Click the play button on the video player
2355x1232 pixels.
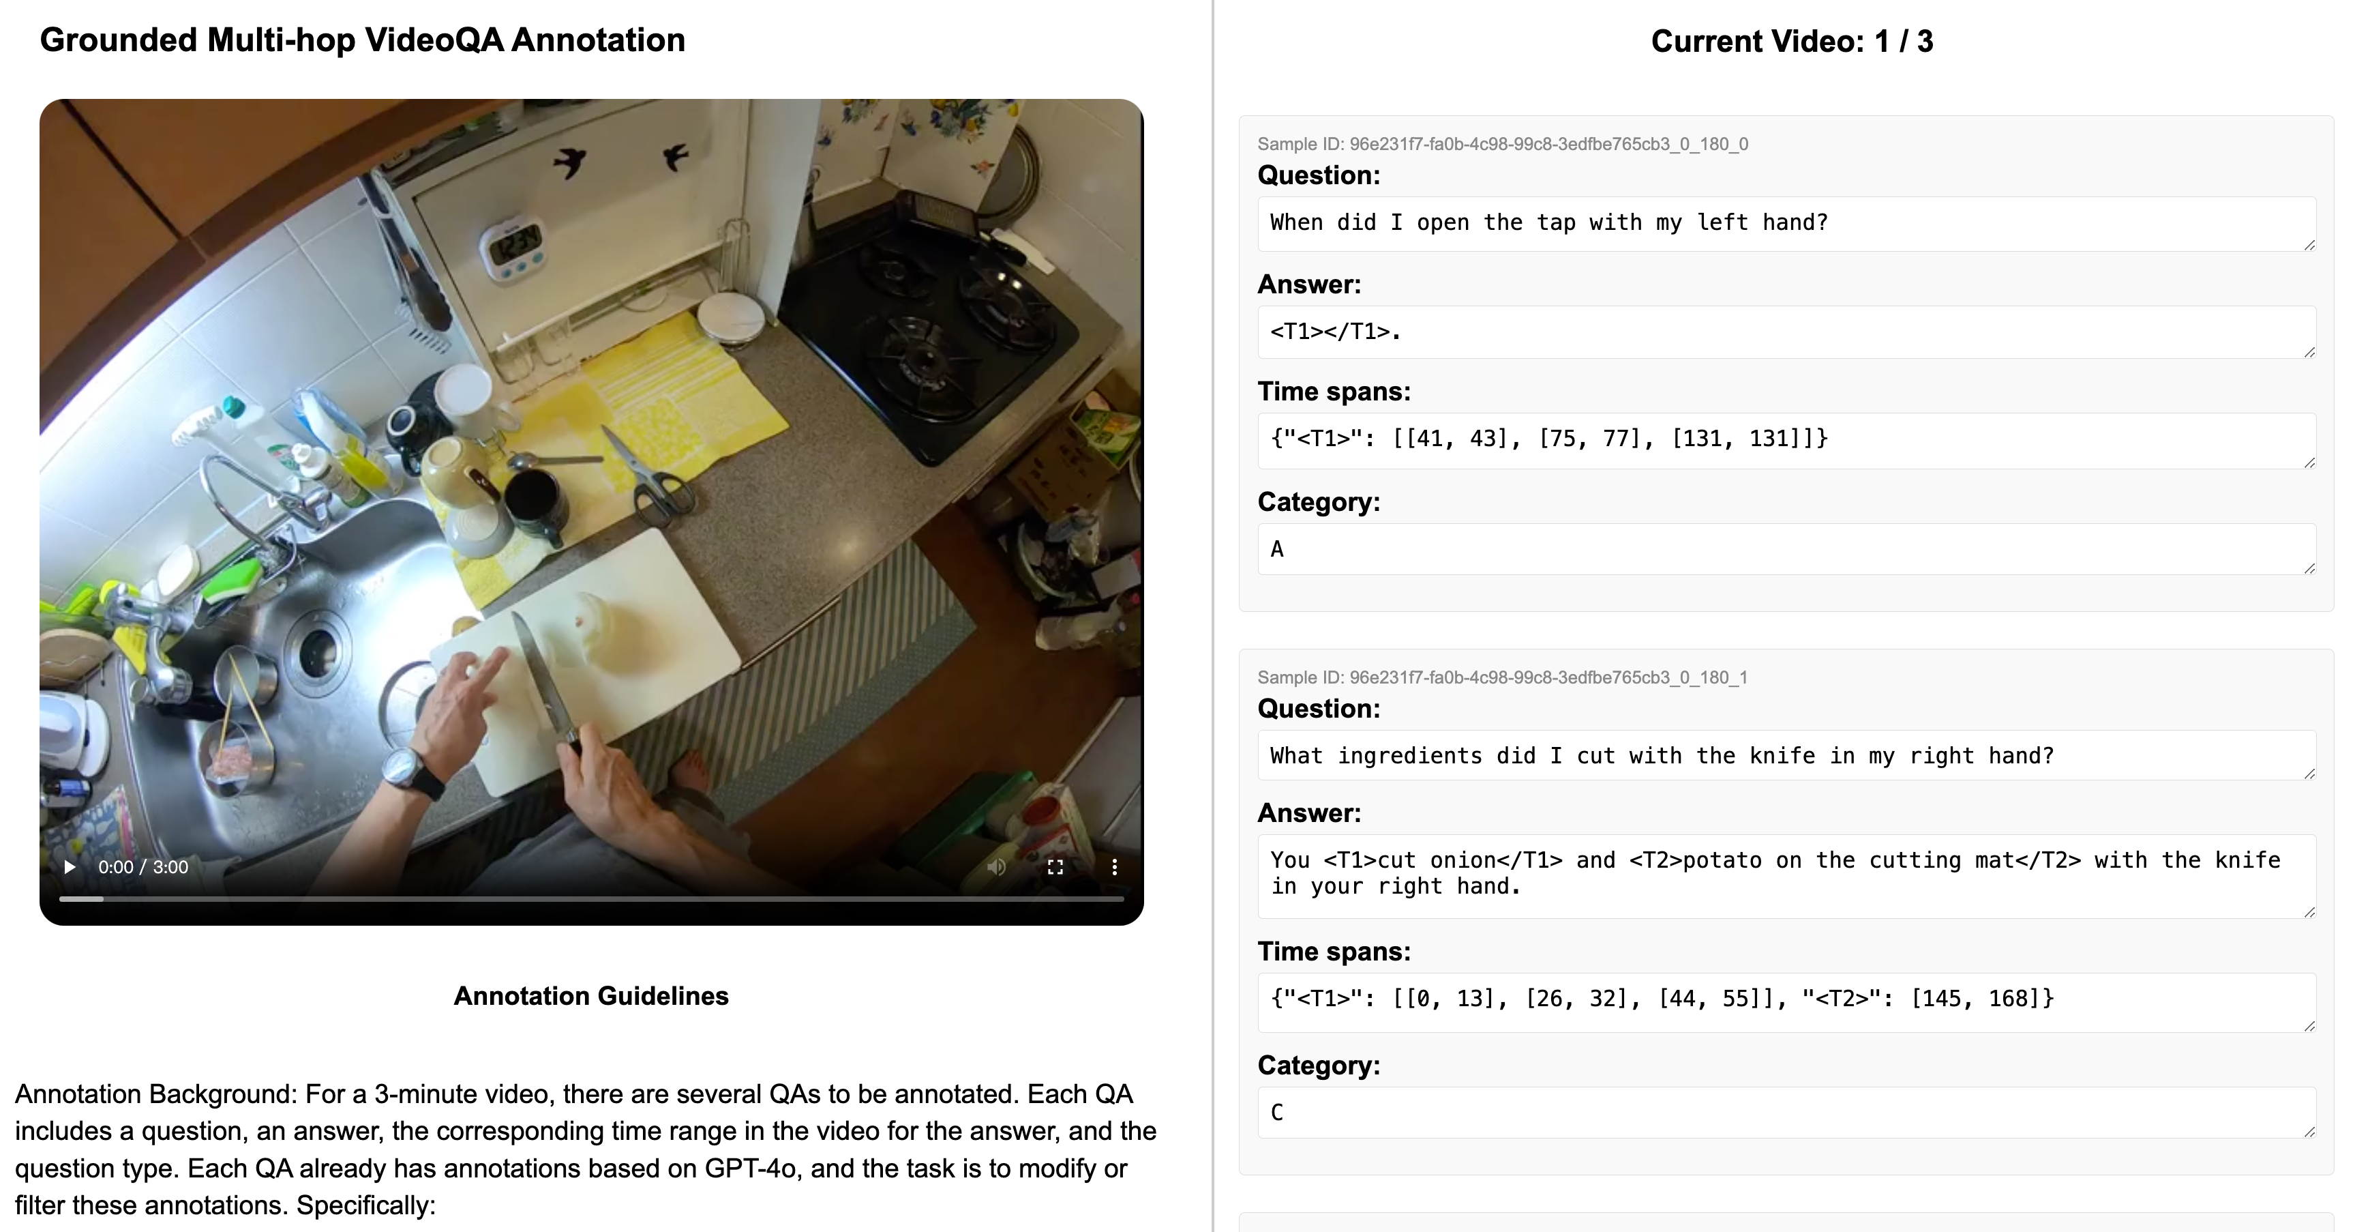pos(70,866)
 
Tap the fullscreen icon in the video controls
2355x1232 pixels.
pos(1055,866)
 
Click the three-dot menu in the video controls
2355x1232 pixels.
pos(1114,866)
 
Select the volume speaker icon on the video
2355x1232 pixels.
pos(997,866)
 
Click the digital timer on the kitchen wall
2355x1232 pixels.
pos(513,246)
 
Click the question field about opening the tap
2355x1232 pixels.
pos(1786,224)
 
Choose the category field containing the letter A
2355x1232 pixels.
pos(1786,548)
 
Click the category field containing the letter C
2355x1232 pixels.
pos(1786,1112)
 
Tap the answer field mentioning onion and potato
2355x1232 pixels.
pos(1786,876)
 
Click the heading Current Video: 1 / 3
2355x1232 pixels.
pos(1792,41)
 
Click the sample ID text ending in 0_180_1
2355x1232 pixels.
pos(1502,678)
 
